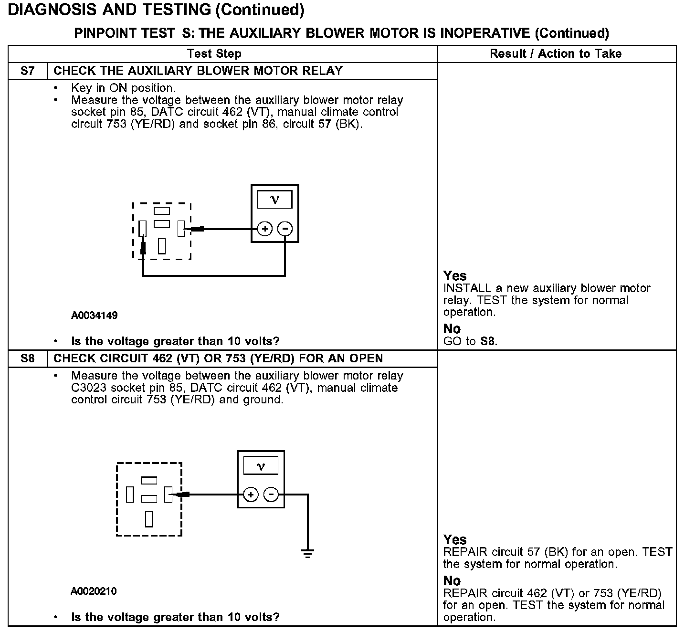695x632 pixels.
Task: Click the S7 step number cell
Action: point(28,71)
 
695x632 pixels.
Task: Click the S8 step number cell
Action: point(28,358)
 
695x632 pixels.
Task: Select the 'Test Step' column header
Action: point(214,53)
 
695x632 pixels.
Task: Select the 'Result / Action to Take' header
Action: point(556,53)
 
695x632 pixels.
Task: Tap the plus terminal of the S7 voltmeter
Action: point(265,229)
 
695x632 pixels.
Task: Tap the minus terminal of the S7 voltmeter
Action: point(285,229)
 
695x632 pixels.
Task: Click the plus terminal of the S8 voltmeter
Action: point(251,495)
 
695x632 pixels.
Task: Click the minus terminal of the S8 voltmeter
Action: point(271,495)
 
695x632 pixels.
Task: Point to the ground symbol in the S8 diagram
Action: point(308,554)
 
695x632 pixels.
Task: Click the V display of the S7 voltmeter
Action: point(274,200)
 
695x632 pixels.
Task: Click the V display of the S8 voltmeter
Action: point(261,466)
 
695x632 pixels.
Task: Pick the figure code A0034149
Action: point(95,316)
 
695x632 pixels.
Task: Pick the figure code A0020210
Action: point(94,591)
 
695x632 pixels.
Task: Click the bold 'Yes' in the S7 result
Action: point(455,275)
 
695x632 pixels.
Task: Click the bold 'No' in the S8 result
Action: point(452,581)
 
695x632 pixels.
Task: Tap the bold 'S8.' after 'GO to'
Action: point(489,341)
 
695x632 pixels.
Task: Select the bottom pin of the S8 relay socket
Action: point(149,519)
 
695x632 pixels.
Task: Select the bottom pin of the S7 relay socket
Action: point(162,246)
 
